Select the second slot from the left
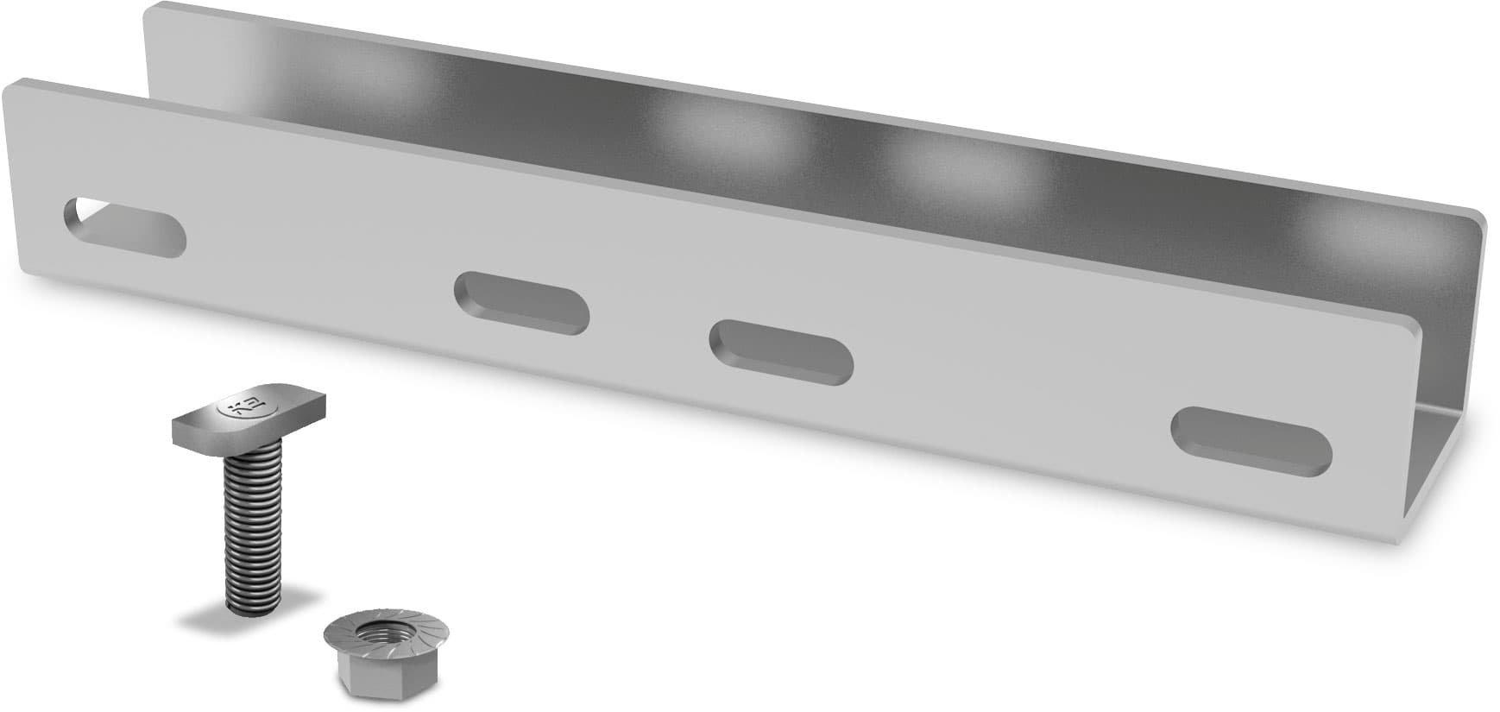tap(521, 302)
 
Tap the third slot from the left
tap(781, 351)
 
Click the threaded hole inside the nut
tap(372, 634)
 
